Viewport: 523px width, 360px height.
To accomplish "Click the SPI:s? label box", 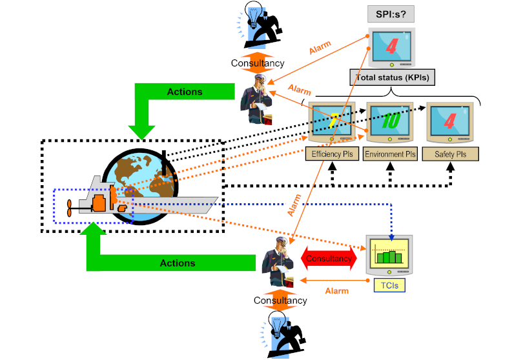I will pyautogui.click(x=391, y=14).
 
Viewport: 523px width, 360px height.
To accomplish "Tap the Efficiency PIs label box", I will pyautogui.click(x=332, y=154).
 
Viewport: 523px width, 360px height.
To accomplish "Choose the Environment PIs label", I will pyautogui.click(x=390, y=154).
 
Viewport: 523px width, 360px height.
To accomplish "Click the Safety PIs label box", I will pyautogui.click(x=451, y=154).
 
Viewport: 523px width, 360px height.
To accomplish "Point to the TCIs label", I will pyautogui.click(x=389, y=286).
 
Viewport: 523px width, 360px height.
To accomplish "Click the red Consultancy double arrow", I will pyautogui.click(x=329, y=259).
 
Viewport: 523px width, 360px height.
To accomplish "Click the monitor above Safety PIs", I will pyautogui.click(x=451, y=123).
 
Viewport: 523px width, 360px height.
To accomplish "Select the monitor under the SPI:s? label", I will pyautogui.click(x=392, y=47).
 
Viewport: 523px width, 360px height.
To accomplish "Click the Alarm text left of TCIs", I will pyautogui.click(x=337, y=291).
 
